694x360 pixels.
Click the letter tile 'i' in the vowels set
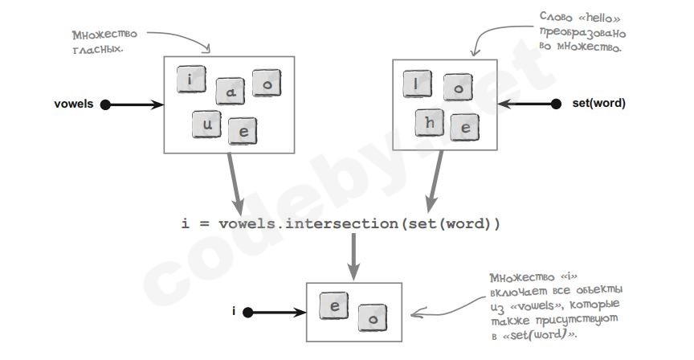(190, 80)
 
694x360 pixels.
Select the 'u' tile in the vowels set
(206, 123)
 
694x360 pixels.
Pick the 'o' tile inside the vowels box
(267, 82)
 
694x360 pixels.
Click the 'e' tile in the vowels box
(242, 130)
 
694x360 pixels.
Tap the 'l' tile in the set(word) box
(417, 84)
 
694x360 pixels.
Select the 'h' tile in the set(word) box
(430, 122)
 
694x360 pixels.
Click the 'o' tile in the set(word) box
(458, 88)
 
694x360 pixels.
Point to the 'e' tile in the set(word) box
(464, 126)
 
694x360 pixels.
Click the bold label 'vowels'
(74, 104)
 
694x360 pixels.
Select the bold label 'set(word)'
(598, 104)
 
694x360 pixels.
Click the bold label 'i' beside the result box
(235, 311)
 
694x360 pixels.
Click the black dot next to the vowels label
(105, 104)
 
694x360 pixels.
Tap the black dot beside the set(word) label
(556, 104)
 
